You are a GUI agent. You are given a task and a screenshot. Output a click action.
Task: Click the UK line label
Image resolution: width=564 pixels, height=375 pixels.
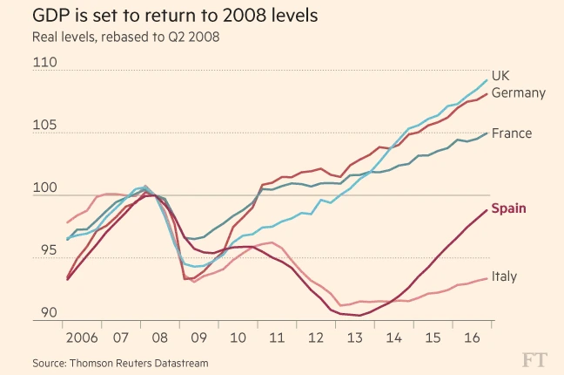500,75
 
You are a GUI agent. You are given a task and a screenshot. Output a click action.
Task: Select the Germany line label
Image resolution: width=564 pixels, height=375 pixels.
519,92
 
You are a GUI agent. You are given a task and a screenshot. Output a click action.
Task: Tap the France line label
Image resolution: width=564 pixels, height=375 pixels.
512,133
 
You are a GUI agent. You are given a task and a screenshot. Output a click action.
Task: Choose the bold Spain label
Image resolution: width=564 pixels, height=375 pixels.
509,208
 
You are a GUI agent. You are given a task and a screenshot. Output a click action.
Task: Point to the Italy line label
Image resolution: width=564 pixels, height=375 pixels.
505,276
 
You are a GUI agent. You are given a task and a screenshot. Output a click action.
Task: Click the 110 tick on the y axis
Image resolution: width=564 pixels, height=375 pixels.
44,63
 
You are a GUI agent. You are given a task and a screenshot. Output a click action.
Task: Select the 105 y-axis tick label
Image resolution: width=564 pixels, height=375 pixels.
44,126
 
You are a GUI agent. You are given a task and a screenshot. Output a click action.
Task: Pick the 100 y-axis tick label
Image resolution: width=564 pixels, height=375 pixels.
44,188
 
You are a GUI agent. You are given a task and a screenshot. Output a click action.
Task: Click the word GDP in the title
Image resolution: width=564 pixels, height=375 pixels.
51,16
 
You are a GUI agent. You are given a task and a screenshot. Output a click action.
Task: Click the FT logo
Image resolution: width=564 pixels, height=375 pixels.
537,358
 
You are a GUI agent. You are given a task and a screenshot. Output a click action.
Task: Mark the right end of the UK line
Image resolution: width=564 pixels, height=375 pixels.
486,80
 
